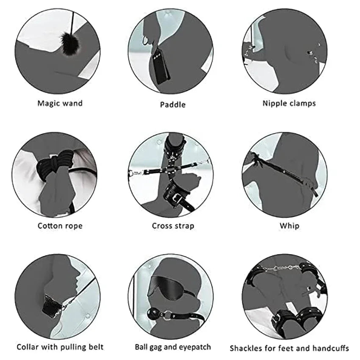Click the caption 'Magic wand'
point(60,103)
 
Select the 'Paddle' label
point(173,105)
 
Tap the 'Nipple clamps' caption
point(289,103)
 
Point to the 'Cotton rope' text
point(60,226)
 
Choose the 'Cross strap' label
point(173,226)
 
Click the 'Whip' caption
point(289,226)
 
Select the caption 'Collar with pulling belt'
point(60,347)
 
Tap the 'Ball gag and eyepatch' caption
point(173,347)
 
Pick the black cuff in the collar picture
point(50,306)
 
